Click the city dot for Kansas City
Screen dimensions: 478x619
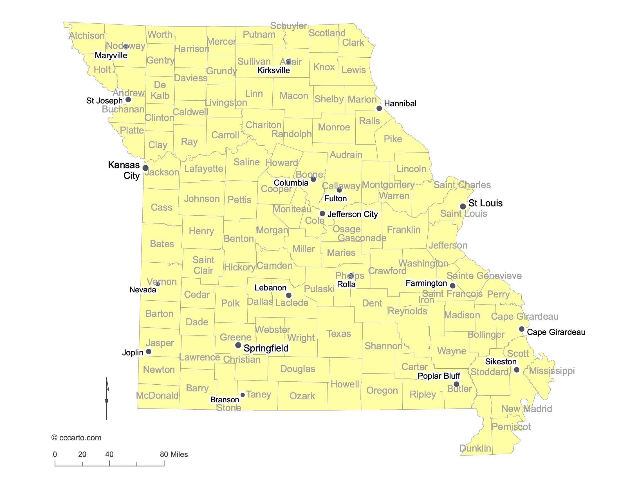[x=145, y=168]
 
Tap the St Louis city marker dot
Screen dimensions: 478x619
[x=463, y=206]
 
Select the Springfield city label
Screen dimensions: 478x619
[x=266, y=348]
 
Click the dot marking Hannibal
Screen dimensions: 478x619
[x=379, y=108]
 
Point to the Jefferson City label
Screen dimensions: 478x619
[x=353, y=214]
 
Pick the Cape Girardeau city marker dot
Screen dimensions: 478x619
[x=521, y=329]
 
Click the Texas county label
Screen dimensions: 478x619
[x=338, y=333]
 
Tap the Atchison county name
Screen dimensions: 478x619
[x=87, y=36]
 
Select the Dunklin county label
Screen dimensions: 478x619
[x=475, y=448]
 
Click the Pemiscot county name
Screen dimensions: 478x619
[x=511, y=427]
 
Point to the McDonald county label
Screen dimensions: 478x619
[x=157, y=395]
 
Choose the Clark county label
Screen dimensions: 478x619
[x=353, y=43]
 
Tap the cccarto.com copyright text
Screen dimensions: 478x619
[x=77, y=438]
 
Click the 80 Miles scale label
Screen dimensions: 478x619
[x=174, y=454]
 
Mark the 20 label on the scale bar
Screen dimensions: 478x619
[x=82, y=454]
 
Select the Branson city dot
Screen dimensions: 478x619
[x=243, y=395]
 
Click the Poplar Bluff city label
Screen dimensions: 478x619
[x=439, y=376]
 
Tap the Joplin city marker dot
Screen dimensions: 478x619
[x=149, y=351]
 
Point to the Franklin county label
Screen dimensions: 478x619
[x=403, y=229]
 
